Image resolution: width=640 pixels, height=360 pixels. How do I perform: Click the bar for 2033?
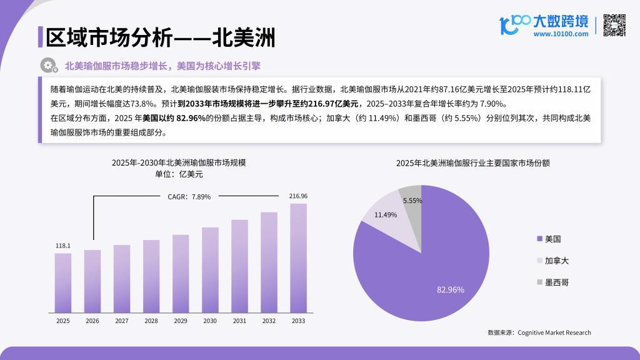point(298,257)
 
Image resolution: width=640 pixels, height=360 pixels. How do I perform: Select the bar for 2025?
point(63,282)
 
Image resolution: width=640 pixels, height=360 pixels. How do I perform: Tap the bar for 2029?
point(181,273)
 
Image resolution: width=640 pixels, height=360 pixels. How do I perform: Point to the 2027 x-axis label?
point(122,321)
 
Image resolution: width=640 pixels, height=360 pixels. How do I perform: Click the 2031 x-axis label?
point(239,321)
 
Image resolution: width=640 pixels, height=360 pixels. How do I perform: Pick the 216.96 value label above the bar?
point(298,196)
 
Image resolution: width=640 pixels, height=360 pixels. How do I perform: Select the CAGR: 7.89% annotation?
point(189,196)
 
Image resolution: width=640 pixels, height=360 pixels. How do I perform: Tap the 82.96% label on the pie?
point(450,289)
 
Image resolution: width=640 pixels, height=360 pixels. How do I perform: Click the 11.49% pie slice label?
point(386,214)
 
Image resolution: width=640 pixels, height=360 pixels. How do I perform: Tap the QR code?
point(614,25)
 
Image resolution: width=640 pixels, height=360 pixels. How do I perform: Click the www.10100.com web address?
point(561,34)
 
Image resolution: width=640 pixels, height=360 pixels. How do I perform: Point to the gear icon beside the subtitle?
point(47,65)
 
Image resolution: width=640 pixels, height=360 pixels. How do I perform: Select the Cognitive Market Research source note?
point(539,332)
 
